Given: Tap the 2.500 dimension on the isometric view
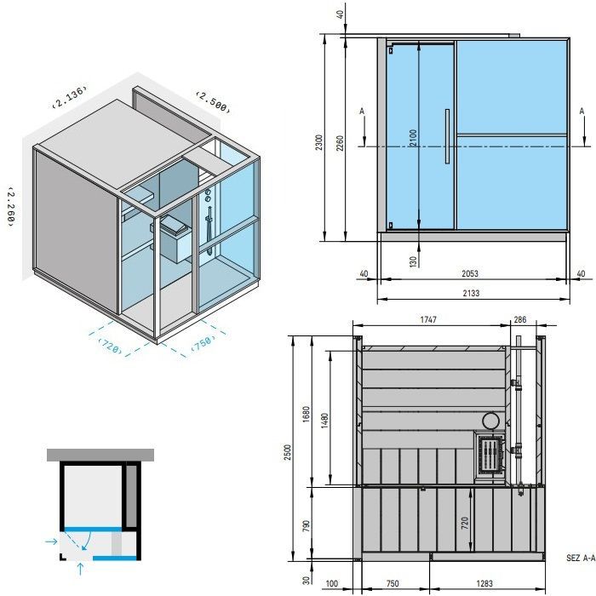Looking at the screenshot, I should pos(212,100).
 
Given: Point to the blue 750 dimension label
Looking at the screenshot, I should pos(202,344).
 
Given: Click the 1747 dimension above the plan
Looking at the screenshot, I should pos(428,319).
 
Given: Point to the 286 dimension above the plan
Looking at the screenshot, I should pos(520,319).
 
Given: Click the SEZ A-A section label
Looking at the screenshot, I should pos(579,559).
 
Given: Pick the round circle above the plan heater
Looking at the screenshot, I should pos(491,421).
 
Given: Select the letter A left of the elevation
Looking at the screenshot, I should pos(362,112).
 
